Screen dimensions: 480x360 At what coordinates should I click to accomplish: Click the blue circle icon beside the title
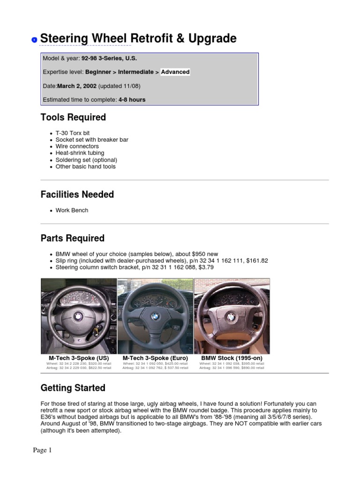coord(34,40)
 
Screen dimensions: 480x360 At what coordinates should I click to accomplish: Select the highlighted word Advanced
coord(175,72)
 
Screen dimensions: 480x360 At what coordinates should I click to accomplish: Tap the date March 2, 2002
coord(77,86)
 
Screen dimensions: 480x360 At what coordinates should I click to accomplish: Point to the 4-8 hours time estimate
coord(132,100)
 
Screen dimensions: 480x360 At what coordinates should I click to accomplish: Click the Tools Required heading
coord(73,118)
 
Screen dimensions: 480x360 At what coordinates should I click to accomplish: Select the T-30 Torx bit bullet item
coord(73,133)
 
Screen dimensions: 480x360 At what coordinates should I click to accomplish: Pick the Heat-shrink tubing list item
coord(80,153)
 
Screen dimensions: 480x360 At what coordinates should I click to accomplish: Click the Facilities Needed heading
coord(77,195)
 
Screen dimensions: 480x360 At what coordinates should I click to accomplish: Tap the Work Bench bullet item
coord(72,210)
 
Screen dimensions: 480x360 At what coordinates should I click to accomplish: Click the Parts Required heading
coord(73,239)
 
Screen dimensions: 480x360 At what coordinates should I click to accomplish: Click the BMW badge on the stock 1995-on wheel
coord(231,317)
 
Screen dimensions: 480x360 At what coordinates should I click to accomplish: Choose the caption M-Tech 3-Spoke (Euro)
coord(155,358)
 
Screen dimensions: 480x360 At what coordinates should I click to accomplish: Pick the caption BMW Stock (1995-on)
coord(232,358)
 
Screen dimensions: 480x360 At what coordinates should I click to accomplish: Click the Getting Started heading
coord(73,388)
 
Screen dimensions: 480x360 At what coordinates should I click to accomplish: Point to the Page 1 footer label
coord(42,450)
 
